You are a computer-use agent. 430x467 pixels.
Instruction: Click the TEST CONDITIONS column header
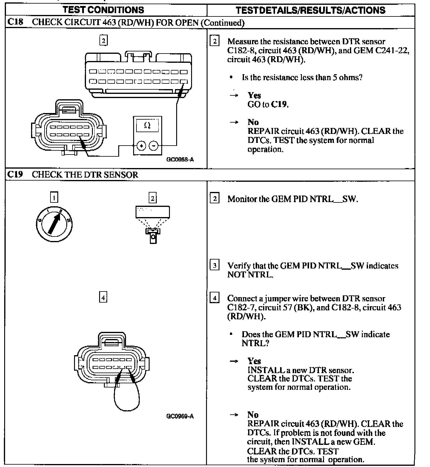click(x=103, y=10)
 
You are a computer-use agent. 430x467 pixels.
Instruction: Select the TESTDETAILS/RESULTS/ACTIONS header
click(x=311, y=10)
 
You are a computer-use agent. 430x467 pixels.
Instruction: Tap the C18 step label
click(x=15, y=22)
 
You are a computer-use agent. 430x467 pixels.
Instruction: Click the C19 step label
click(x=15, y=174)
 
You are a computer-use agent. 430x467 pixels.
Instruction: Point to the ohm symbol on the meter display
click(x=147, y=125)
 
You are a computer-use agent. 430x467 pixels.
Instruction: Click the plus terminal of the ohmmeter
click(x=141, y=146)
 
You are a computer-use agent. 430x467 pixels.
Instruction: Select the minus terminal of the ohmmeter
click(x=153, y=146)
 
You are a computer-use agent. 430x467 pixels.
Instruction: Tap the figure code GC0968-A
click(x=180, y=160)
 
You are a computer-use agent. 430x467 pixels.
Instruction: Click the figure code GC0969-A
click(x=180, y=416)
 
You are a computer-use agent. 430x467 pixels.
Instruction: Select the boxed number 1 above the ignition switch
click(x=54, y=197)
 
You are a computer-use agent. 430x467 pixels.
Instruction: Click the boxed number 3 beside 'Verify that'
click(x=214, y=265)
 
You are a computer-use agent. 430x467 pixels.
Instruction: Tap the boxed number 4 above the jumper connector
click(x=103, y=297)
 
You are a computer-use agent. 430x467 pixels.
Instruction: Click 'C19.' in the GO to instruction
click(x=280, y=104)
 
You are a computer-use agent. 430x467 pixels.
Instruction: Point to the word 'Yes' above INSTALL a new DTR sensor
click(x=254, y=361)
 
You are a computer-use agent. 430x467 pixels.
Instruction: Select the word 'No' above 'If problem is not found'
click(x=253, y=415)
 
